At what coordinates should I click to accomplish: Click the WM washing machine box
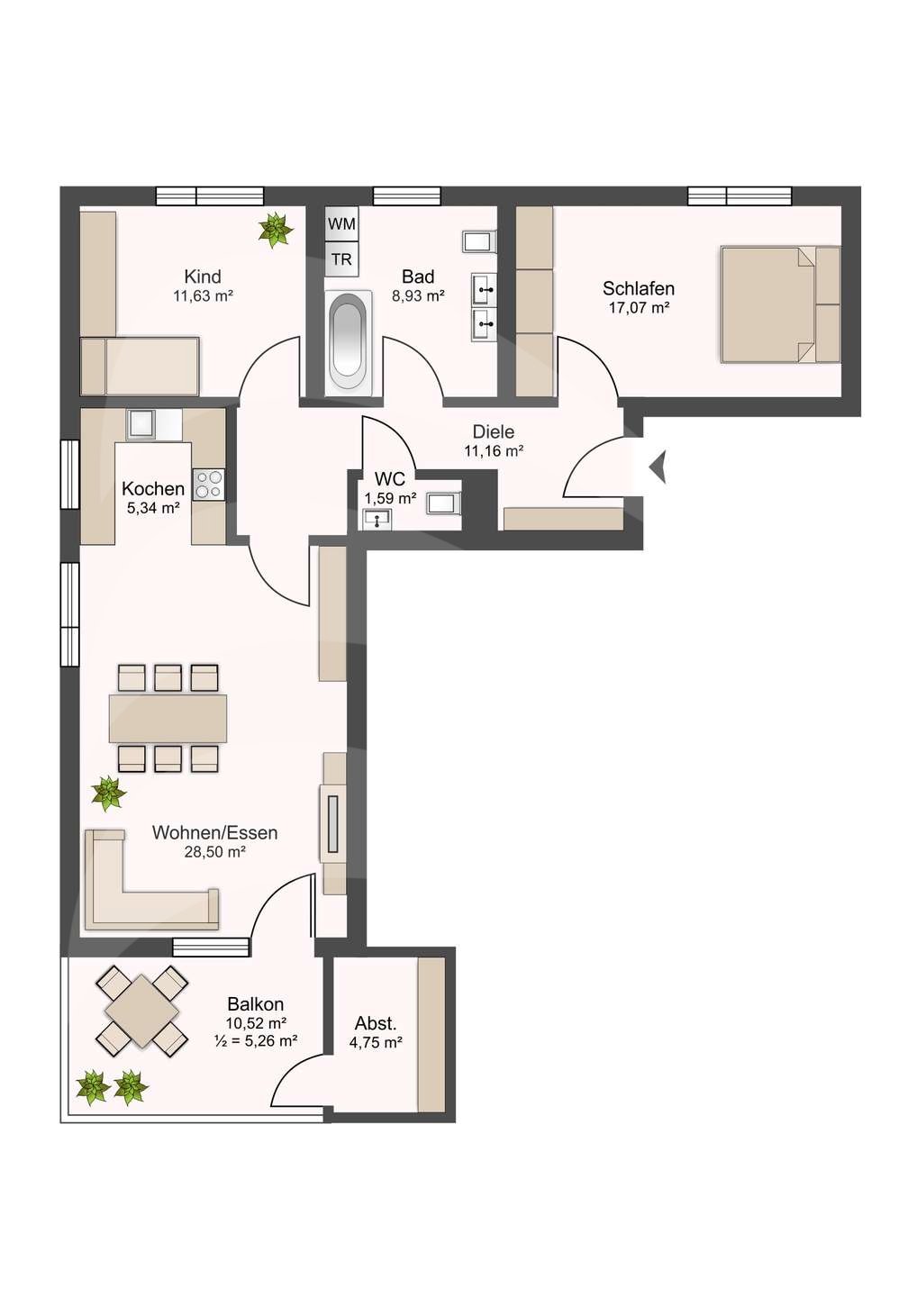point(341,223)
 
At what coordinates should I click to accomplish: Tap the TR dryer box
point(341,259)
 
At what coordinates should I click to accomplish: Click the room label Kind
point(203,277)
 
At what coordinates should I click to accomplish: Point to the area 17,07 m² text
point(639,308)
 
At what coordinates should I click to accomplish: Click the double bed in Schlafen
point(779,305)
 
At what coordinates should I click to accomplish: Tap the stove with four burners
point(209,485)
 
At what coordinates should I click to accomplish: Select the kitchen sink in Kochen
point(141,423)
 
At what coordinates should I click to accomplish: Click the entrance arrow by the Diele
point(658,467)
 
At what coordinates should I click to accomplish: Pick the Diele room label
point(494,432)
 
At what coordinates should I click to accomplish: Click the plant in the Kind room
point(275,230)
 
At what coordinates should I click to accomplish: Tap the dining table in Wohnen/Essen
point(168,718)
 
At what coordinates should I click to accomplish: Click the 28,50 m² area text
point(214,852)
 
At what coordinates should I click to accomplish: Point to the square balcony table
point(142,1011)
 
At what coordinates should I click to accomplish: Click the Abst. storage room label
point(376,1023)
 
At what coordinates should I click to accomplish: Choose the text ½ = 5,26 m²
point(256,1041)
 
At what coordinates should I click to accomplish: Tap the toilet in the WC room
point(443,503)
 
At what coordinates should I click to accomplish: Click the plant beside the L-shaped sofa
point(108,794)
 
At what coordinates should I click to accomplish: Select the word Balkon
point(256,1003)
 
